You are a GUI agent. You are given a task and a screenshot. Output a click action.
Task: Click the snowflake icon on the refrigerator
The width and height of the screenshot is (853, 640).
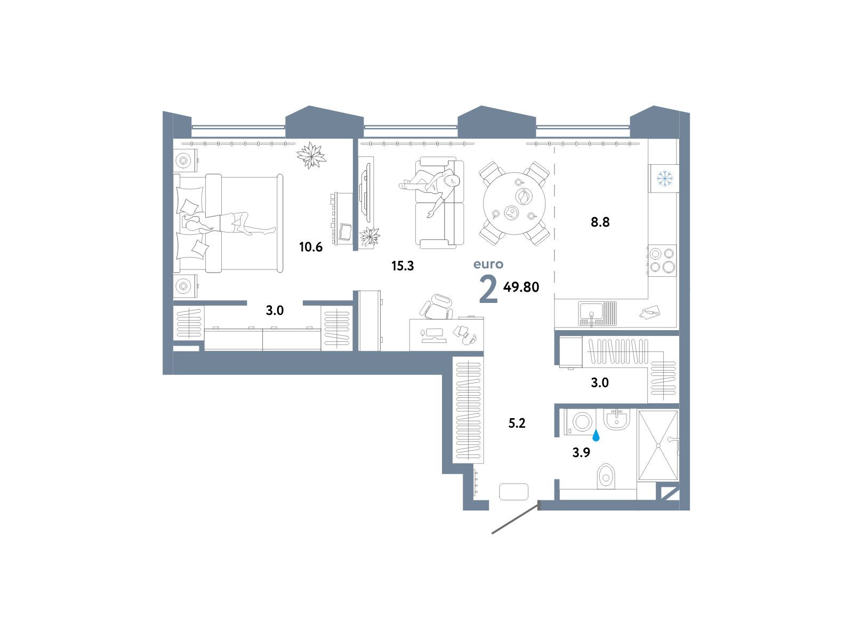pyautogui.click(x=664, y=178)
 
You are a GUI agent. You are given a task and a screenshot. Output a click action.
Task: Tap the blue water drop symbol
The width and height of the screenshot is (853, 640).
pyautogui.click(x=596, y=436)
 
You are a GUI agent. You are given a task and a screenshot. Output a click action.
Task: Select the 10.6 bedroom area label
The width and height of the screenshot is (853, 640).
pyautogui.click(x=311, y=247)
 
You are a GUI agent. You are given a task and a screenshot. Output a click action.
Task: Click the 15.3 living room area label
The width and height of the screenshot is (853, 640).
pyautogui.click(x=403, y=266)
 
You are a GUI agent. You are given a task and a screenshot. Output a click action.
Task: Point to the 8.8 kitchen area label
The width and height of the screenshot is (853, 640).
pyautogui.click(x=600, y=222)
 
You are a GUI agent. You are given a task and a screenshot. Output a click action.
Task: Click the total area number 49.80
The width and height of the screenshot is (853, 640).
pyautogui.click(x=521, y=287)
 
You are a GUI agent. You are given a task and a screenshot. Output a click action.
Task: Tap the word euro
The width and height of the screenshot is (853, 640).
pyautogui.click(x=488, y=264)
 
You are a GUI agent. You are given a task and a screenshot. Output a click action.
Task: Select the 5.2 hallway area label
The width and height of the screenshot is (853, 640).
pyautogui.click(x=517, y=423)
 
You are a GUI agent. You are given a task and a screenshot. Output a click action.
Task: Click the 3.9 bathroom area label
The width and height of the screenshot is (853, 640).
pyautogui.click(x=581, y=453)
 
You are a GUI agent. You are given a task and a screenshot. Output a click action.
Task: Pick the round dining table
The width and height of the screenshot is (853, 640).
pyautogui.click(x=514, y=203)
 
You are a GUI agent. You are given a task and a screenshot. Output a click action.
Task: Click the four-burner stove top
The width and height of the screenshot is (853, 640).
pyautogui.click(x=662, y=260)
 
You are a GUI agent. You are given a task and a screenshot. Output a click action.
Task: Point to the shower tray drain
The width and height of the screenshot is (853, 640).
pyautogui.click(x=658, y=446)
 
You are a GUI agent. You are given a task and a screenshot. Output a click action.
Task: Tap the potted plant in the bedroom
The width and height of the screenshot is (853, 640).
pyautogui.click(x=311, y=155)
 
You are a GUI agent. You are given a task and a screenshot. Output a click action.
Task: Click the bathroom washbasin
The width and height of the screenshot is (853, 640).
pyautogui.click(x=617, y=419)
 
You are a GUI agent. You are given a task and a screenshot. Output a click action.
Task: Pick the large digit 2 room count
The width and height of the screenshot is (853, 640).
pyautogui.click(x=488, y=289)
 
